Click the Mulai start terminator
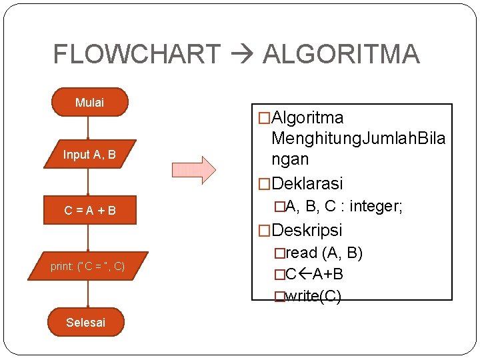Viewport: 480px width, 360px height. pos(90,102)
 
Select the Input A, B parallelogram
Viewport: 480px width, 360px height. pos(89,154)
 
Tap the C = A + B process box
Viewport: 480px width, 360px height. pos(89,211)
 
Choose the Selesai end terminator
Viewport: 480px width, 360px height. pos(86,322)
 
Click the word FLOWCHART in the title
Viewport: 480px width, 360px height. pos(136,54)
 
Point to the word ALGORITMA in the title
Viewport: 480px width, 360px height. pos(341,54)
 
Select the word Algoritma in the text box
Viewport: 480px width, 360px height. pos(307,118)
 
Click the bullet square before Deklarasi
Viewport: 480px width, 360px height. pos(265,183)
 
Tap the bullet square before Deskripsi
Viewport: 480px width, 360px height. pos(265,231)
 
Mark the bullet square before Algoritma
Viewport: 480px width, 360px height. pos(265,119)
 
